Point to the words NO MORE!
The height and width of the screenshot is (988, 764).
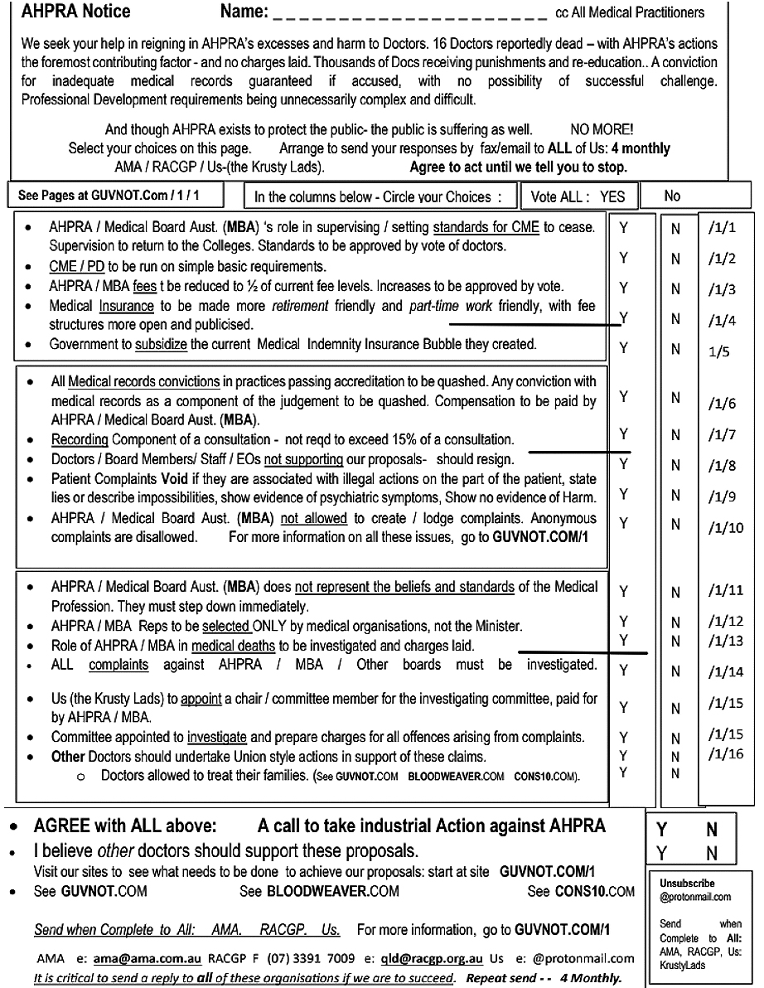tap(602, 130)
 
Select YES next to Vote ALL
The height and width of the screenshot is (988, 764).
tap(612, 196)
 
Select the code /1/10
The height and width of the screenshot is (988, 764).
tap(727, 527)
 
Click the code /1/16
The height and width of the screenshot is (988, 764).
tap(727, 753)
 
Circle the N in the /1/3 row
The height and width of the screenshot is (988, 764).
tap(675, 288)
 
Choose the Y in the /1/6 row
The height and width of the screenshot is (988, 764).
tap(623, 396)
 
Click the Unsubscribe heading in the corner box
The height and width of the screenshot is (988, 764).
tap(687, 884)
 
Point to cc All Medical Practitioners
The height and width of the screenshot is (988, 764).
tap(630, 12)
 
